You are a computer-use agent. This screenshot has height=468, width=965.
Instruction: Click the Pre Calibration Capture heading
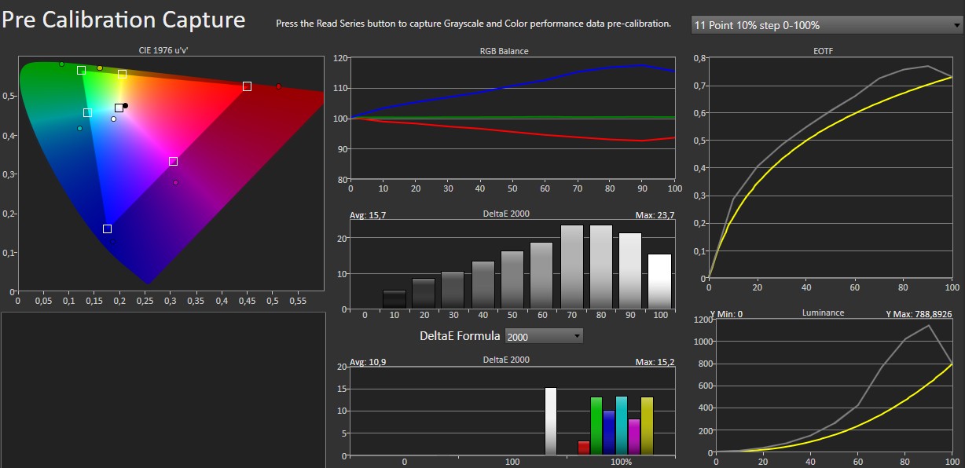[123, 19]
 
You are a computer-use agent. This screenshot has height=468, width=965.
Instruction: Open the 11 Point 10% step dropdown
[827, 25]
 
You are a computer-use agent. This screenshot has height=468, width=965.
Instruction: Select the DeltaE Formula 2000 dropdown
[544, 336]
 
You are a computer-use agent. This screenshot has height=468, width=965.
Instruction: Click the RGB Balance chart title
[505, 51]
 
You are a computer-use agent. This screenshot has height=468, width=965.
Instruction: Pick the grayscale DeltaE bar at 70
[571, 266]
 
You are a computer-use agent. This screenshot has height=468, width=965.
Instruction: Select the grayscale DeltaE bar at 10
[394, 298]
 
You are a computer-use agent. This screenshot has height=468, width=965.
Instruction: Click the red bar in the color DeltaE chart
[583, 448]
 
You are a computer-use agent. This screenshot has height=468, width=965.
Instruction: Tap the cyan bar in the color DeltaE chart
[621, 426]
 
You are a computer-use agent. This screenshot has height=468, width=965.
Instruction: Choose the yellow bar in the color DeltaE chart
[647, 426]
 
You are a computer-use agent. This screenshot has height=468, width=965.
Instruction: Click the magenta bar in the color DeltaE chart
[634, 437]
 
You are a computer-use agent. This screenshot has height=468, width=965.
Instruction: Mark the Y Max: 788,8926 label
[919, 313]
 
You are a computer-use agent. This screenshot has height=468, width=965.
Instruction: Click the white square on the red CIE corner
[247, 86]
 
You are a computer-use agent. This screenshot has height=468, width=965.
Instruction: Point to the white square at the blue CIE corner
[107, 229]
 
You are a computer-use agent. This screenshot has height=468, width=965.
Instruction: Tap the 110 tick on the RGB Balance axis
[340, 88]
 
